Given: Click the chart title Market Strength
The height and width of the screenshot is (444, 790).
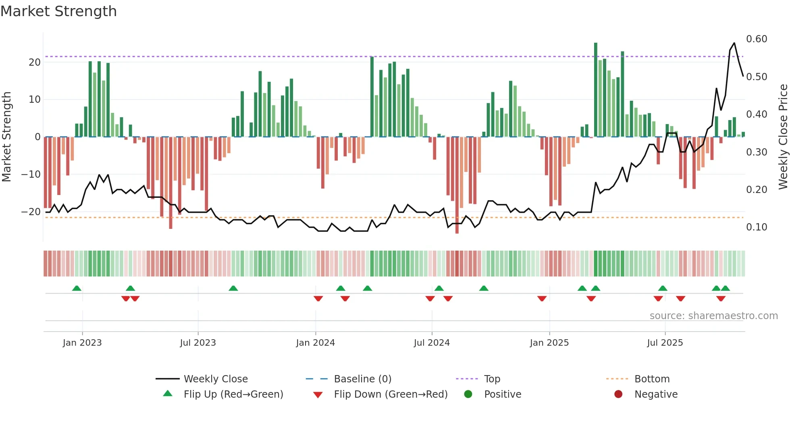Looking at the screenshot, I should point(58,11).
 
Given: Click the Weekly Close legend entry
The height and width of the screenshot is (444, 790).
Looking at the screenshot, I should point(215,379).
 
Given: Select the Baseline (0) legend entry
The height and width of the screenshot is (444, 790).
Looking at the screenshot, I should point(362,379).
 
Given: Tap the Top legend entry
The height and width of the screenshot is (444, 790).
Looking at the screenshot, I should point(492,379).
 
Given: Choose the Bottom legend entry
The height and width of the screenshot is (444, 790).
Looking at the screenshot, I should point(652,379).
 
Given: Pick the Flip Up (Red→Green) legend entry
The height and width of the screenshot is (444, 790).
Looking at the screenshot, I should point(233,394).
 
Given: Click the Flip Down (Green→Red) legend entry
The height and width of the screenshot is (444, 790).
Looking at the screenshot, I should point(390,394).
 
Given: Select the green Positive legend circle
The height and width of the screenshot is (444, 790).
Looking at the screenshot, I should point(468,394).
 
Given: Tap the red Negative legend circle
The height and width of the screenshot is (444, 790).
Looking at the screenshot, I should point(618,394).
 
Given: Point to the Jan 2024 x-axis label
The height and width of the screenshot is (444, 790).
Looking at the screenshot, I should point(315,342).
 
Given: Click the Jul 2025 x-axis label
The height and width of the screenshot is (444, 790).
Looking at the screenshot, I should point(665,342).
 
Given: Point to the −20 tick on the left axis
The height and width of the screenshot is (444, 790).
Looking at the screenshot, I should point(31,212).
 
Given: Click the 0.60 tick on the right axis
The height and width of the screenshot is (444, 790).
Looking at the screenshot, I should point(757,39).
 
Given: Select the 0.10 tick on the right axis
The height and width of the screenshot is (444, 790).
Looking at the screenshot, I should point(757,227).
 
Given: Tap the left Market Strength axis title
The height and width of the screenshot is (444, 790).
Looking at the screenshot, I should point(7,137).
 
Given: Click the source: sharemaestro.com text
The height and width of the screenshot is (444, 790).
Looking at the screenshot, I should point(713,316).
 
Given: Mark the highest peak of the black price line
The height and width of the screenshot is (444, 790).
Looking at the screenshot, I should point(734,43).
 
